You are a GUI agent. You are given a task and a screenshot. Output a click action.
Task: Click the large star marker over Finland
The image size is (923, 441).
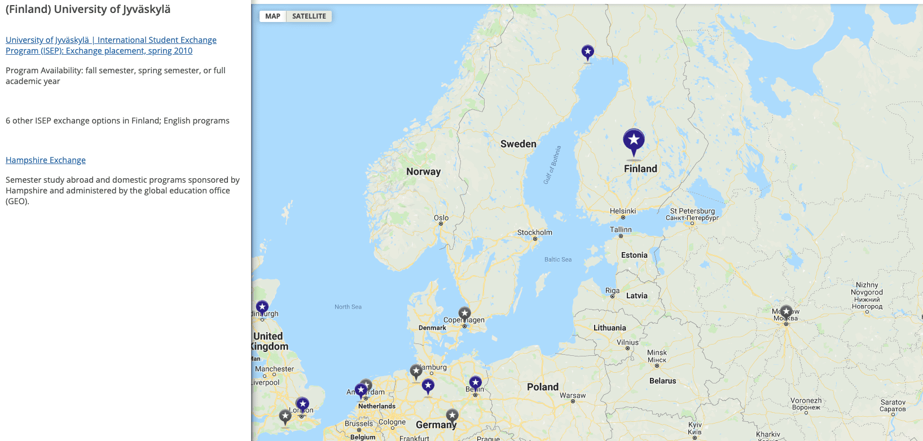pyautogui.click(x=634, y=140)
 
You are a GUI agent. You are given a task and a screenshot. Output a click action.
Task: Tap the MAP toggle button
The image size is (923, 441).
pyautogui.click(x=272, y=16)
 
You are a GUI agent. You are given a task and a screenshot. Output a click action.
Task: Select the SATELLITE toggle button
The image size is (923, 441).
pyautogui.click(x=309, y=16)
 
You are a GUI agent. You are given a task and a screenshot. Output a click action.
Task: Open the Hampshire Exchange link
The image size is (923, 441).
pyautogui.click(x=46, y=160)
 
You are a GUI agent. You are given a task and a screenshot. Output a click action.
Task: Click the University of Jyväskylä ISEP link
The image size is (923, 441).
pyautogui.click(x=111, y=45)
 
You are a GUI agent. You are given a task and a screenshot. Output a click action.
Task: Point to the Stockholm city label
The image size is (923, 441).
pyautogui.click(x=534, y=232)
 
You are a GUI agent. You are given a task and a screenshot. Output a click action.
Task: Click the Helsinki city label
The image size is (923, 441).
pyautogui.click(x=622, y=211)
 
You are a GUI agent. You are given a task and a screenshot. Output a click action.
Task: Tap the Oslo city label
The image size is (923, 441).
pyautogui.click(x=441, y=218)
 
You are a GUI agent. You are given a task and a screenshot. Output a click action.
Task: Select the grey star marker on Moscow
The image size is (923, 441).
pyautogui.click(x=786, y=312)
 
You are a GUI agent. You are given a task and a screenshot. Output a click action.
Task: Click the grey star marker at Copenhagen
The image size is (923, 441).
pyautogui.click(x=464, y=314)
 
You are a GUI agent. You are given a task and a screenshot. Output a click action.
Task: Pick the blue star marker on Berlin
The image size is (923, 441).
pyautogui.click(x=476, y=383)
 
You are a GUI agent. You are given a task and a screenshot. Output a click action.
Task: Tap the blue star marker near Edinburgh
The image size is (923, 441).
pyautogui.click(x=262, y=307)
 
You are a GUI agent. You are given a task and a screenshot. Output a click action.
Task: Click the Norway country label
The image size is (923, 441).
pyautogui.click(x=423, y=171)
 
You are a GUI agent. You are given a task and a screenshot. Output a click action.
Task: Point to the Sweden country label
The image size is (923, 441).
pyautogui.click(x=518, y=144)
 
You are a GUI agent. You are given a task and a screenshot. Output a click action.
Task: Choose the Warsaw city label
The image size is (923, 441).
pyautogui.click(x=573, y=395)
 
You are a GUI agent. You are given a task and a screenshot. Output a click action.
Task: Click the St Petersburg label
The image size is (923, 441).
pyautogui.click(x=692, y=211)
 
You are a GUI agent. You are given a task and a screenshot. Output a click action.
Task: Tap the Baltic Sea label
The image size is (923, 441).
pyautogui.click(x=557, y=259)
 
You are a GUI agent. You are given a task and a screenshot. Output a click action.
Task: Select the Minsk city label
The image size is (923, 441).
pyautogui.click(x=657, y=352)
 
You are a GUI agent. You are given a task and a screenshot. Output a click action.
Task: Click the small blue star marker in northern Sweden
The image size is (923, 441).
pyautogui.click(x=588, y=52)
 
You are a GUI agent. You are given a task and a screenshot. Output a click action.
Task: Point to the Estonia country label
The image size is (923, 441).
pyautogui.click(x=634, y=255)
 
